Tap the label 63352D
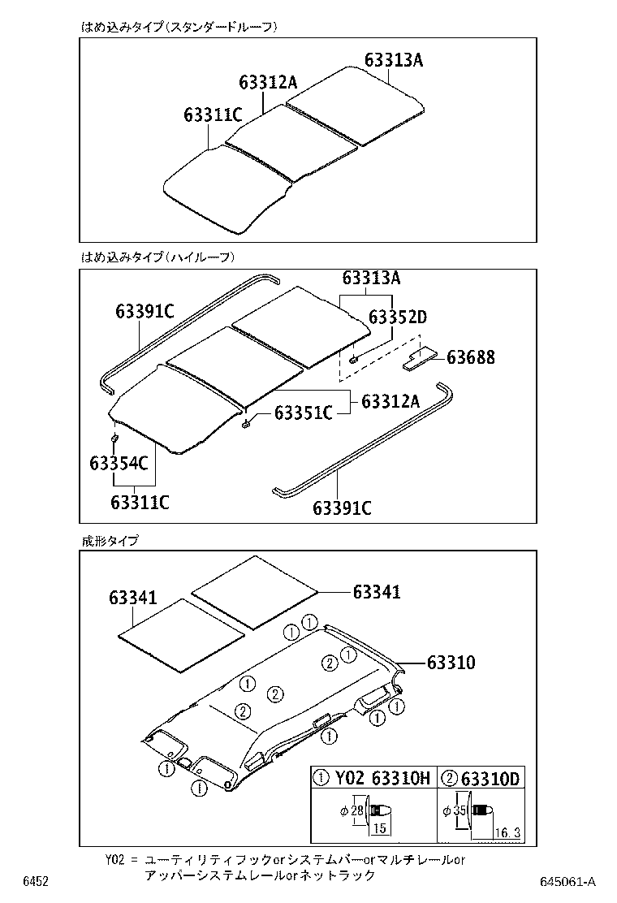(x=397, y=318)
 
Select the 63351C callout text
(x=303, y=413)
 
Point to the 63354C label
(x=119, y=464)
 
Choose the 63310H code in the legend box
(x=400, y=779)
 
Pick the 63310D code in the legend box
(x=490, y=779)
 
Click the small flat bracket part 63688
(x=420, y=358)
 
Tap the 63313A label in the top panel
(x=394, y=61)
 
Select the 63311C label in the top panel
(x=214, y=115)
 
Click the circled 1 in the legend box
(x=321, y=779)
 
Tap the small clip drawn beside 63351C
(x=246, y=422)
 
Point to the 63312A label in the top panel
(x=269, y=82)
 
